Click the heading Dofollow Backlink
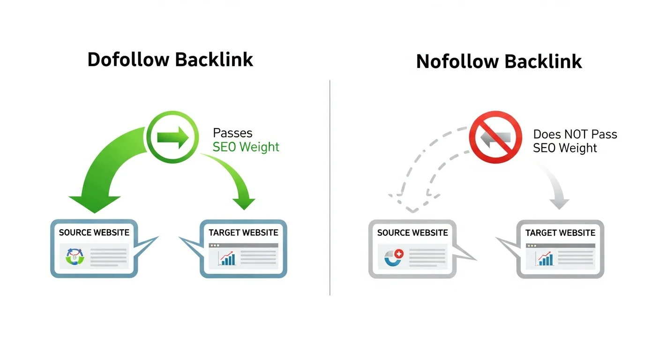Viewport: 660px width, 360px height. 170,60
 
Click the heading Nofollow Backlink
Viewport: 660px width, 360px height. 499,61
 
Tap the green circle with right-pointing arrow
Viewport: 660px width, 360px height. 170,137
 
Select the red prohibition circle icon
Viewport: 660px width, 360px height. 495,137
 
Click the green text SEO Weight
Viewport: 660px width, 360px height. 246,147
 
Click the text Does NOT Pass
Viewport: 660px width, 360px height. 575,134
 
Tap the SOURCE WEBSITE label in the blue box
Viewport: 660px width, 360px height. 94,232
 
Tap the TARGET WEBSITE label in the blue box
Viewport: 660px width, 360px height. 243,232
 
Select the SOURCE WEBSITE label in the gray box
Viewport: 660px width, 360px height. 412,232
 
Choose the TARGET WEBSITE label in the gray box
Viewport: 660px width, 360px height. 560,232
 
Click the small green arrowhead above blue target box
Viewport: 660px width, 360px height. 244,204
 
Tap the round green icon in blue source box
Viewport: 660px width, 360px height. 75,257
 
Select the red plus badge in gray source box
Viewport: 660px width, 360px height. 399,253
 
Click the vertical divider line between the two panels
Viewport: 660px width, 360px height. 330,187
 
